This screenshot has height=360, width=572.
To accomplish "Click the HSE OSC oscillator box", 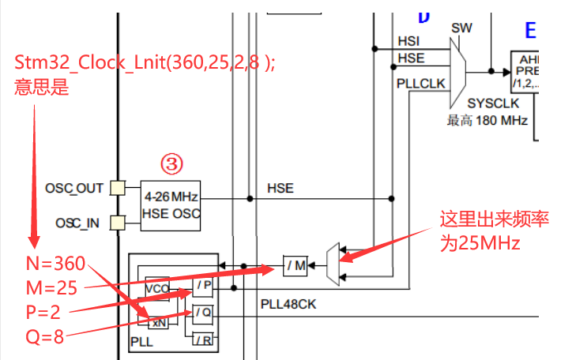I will click(x=171, y=204).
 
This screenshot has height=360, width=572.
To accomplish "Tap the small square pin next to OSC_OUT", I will click(x=117, y=188).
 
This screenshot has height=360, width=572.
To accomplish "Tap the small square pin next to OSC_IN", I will click(x=117, y=222).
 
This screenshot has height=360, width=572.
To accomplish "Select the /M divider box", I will click(x=295, y=267).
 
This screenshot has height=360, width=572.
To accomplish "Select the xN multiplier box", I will click(x=159, y=321).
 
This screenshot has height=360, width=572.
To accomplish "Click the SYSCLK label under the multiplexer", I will click(x=490, y=103).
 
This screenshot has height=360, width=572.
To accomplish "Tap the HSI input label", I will click(x=409, y=40).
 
